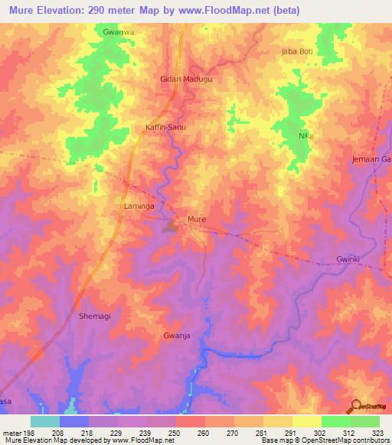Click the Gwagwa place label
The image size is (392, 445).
[x=119, y=32]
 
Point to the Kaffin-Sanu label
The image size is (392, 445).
[x=165, y=127]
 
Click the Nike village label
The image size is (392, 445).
[x=306, y=135]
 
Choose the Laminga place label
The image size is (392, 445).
[x=140, y=206]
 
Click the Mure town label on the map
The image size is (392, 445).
[x=196, y=219]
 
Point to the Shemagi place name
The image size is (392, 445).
[x=96, y=316]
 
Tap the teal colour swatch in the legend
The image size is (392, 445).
[x=45, y=421]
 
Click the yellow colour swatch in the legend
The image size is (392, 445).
[x=306, y=421]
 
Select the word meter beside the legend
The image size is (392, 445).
[x=12, y=434]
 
